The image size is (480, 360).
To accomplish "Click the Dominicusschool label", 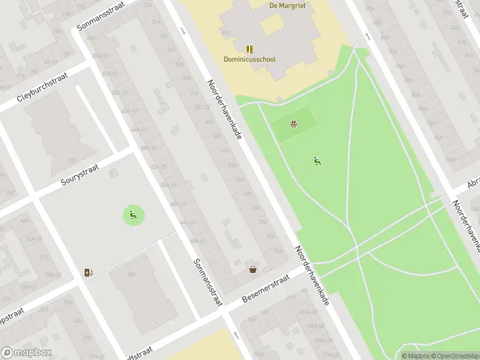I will coord(250,59).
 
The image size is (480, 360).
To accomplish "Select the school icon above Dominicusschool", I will coord(250,49).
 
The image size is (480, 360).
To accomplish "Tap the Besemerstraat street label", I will coord(265,289).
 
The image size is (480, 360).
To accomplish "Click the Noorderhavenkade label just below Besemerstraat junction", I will coord(312,275).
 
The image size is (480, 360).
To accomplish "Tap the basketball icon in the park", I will coord(294,125).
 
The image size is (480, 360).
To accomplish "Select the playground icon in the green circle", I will coord(134,214).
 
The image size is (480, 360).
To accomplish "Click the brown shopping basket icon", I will coord(253,269).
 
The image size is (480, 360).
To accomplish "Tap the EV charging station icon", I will coord(89,273).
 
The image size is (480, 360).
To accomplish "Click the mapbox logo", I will coord(26,353).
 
